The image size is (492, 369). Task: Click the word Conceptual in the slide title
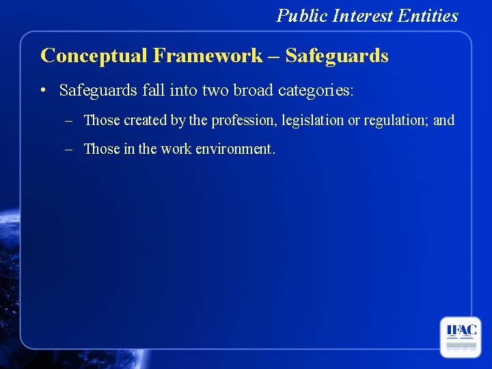(94, 55)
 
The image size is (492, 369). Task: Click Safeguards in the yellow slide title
(337, 55)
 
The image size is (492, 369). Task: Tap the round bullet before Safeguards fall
(43, 90)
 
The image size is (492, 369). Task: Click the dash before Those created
(70, 121)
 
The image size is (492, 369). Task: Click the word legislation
(310, 121)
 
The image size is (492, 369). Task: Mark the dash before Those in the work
(70, 149)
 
